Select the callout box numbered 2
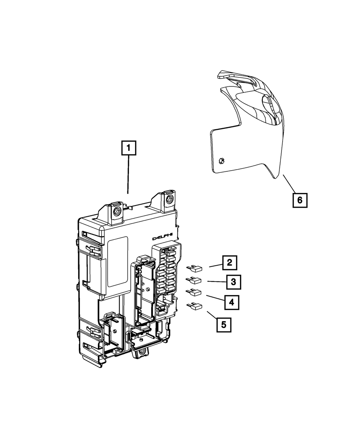click(229, 262)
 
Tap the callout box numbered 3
click(233, 282)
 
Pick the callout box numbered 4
click(232, 302)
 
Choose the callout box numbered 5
click(224, 324)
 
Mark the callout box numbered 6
click(300, 200)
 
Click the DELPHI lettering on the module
click(163, 238)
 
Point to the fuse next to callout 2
click(195, 268)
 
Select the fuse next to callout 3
click(195, 280)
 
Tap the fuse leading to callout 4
click(195, 292)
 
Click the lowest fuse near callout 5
click(195, 306)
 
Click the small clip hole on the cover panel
click(222, 161)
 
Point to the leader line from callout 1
click(129, 175)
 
